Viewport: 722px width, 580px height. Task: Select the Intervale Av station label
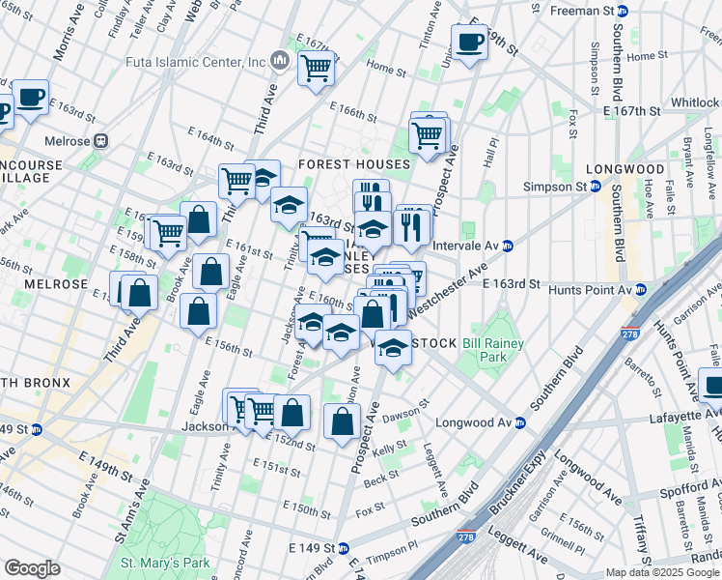466,246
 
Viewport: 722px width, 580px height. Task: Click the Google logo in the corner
32,568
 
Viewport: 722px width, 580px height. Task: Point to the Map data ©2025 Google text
662,572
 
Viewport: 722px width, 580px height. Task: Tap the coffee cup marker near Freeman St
470,43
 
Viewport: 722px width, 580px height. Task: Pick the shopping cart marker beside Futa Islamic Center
316,68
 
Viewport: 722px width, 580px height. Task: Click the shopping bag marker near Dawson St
342,420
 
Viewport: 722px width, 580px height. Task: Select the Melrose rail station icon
100,140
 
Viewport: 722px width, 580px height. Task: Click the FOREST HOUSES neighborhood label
353,164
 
